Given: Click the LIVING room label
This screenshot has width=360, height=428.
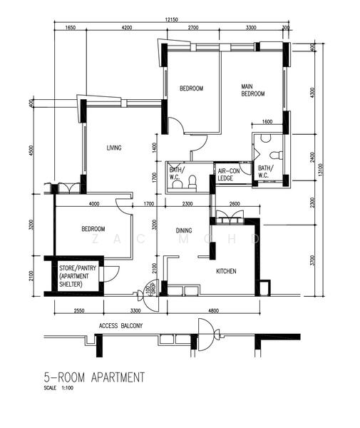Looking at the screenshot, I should pyautogui.click(x=114, y=148).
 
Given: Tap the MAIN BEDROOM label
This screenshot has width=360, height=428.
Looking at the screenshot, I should pyautogui.click(x=253, y=90).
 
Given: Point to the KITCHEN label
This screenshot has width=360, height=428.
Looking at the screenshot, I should pyautogui.click(x=226, y=271).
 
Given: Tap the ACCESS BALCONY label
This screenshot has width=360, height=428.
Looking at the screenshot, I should pyautogui.click(x=121, y=326).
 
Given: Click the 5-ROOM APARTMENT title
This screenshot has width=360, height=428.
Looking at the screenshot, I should pyautogui.click(x=94, y=377).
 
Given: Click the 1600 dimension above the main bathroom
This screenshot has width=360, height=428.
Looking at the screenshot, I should pyautogui.click(x=267, y=122).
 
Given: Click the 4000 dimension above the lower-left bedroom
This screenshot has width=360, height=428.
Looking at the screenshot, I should pyautogui.click(x=93, y=205).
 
